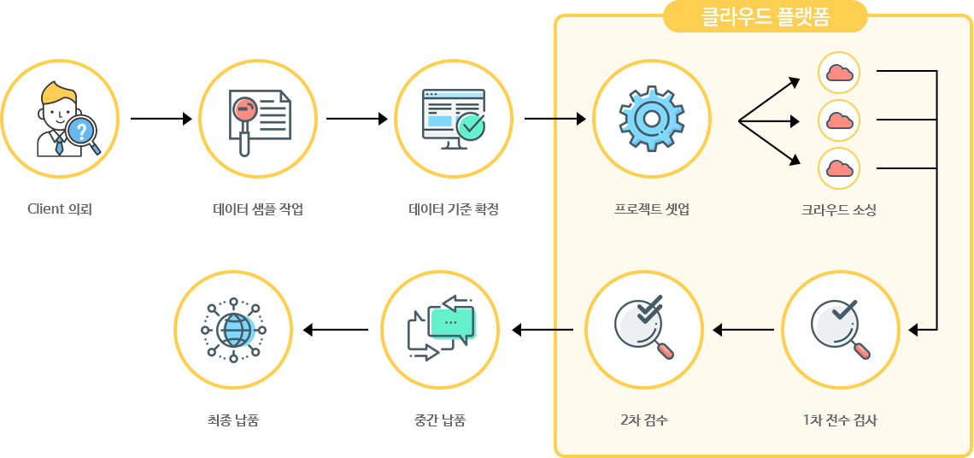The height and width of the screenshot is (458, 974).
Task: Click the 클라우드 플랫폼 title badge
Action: pyautogui.click(x=765, y=16)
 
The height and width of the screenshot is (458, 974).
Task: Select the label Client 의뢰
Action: pyautogui.click(x=60, y=209)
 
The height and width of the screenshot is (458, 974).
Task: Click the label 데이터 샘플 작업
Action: pyautogui.click(x=258, y=209)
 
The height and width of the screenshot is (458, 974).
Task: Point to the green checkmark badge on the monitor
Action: pyautogui.click(x=471, y=126)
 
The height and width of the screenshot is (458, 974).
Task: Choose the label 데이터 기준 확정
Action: pyautogui.click(x=454, y=209)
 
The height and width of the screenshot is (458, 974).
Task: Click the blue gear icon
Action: pyautogui.click(x=652, y=118)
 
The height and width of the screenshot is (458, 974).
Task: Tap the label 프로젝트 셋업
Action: pyautogui.click(x=651, y=209)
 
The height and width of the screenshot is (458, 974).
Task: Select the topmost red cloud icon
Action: pyautogui.click(x=839, y=72)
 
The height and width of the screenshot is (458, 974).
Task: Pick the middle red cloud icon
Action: pyautogui.click(x=839, y=120)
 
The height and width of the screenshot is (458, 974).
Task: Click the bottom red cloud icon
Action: pyautogui.click(x=839, y=167)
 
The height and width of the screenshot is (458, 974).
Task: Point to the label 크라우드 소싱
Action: pyautogui.click(x=839, y=210)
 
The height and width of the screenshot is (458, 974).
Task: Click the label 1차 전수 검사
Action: pyautogui.click(x=839, y=420)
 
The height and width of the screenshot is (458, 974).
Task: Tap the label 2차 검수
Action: pyautogui.click(x=644, y=420)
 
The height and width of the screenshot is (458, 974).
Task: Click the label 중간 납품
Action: pyautogui.click(x=440, y=420)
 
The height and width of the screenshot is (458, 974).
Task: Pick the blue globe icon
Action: pyautogui.click(x=233, y=329)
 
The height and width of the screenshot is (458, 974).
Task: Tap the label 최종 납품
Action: pyautogui.click(x=233, y=420)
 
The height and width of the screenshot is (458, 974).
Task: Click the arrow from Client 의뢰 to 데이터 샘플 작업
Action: pyautogui.click(x=161, y=118)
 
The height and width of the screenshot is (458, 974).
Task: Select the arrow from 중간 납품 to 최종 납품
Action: pyautogui.click(x=336, y=330)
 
